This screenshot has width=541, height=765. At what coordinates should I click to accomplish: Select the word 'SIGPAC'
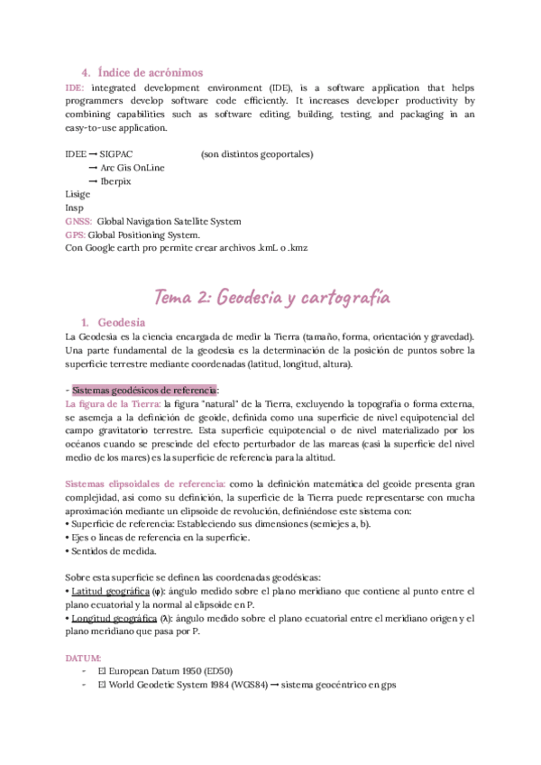click(118, 154)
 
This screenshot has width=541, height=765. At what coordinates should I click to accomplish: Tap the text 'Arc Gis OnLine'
click(132, 168)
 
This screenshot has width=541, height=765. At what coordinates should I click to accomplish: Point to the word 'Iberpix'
click(115, 181)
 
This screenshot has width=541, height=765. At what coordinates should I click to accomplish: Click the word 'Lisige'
click(78, 195)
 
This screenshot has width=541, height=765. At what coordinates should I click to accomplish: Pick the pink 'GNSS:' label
click(79, 221)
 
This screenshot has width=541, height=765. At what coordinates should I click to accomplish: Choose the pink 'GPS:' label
click(76, 235)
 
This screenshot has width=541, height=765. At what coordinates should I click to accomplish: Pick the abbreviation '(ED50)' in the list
click(210, 672)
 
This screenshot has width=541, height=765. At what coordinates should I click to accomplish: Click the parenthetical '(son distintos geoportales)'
click(257, 154)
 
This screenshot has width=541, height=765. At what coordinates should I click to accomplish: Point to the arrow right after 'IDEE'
click(94, 154)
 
